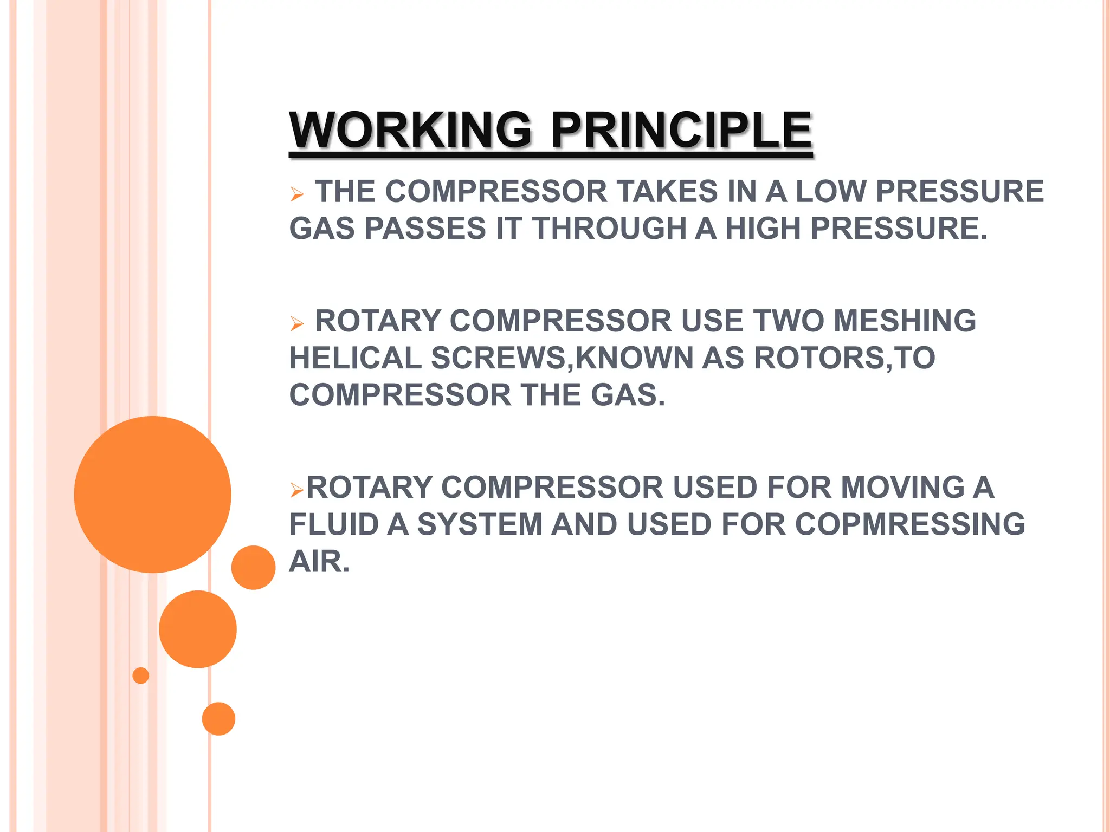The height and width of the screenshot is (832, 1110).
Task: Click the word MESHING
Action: point(905,321)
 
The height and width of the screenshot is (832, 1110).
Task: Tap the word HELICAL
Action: point(356,358)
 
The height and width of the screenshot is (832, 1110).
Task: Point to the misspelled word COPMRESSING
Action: point(910,524)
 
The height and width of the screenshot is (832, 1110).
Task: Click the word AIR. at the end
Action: point(320,562)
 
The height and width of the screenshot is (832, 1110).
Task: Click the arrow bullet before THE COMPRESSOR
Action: point(297,194)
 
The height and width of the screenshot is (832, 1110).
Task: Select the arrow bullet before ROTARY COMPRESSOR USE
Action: point(297,324)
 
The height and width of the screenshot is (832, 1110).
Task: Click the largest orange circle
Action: point(153,494)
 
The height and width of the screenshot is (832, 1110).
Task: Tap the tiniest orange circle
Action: point(141,675)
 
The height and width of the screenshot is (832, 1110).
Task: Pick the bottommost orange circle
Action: point(218,719)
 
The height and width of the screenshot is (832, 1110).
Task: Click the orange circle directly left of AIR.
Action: point(253,567)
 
